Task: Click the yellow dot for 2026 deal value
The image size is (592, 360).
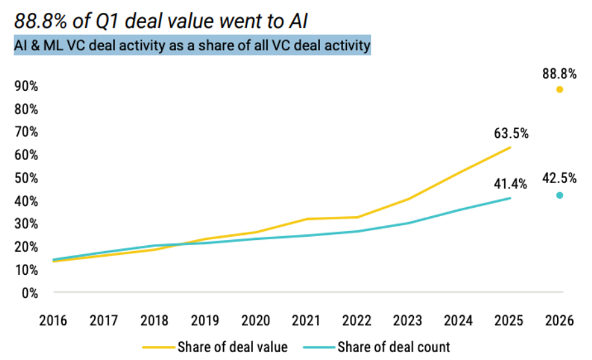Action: pyautogui.click(x=560, y=90)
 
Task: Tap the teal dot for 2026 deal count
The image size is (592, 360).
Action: pyautogui.click(x=560, y=195)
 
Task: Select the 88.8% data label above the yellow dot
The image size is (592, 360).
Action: pyautogui.click(x=559, y=74)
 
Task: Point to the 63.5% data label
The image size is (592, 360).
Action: pyautogui.click(x=511, y=134)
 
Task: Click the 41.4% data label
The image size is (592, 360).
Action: pyautogui.click(x=511, y=184)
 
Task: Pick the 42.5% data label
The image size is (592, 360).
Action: pyautogui.click(x=559, y=178)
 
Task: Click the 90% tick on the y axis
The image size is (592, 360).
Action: pyautogui.click(x=26, y=86)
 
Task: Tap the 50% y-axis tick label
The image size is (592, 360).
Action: pyautogui.click(x=26, y=178)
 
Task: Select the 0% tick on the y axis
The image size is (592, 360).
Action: pyautogui.click(x=30, y=293)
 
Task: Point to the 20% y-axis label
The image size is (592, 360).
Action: pyautogui.click(x=26, y=247)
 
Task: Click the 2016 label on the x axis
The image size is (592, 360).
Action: pyautogui.click(x=54, y=321)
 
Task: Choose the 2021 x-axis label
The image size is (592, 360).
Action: pyautogui.click(x=306, y=321)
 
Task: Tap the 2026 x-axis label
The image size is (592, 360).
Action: pyautogui.click(x=559, y=321)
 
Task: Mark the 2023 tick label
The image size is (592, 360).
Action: pyautogui.click(x=408, y=321)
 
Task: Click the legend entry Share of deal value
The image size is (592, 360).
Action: pyautogui.click(x=215, y=347)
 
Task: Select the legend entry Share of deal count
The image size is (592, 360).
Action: pyautogui.click(x=377, y=347)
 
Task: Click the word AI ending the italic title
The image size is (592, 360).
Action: pyautogui.click(x=299, y=21)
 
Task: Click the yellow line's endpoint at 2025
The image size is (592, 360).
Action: pyautogui.click(x=511, y=147)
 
